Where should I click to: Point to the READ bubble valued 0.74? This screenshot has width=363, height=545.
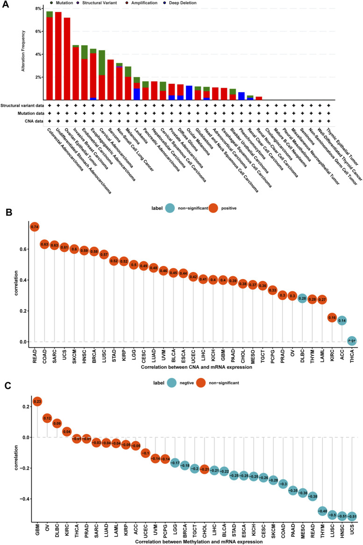coord(34,227)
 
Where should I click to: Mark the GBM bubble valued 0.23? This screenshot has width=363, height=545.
coord(37,402)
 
